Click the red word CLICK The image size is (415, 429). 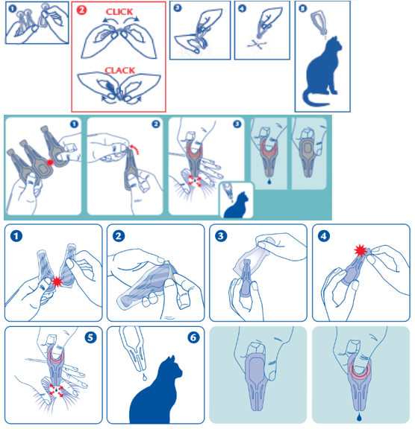point(119,12)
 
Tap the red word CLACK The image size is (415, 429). point(119,71)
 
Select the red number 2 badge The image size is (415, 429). point(81,10)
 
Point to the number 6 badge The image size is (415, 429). point(193,337)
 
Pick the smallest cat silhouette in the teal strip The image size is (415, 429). point(237,206)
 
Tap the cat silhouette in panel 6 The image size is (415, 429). point(155,394)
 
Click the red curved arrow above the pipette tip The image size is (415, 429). point(134,149)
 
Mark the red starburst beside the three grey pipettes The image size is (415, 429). point(50,162)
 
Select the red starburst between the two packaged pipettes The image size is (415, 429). point(57,282)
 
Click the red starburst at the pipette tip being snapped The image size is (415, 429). point(361,250)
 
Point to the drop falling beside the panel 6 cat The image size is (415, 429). point(145,378)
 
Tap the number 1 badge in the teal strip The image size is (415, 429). point(74,124)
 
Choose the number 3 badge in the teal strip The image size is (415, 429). point(237,124)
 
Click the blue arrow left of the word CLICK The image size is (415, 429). point(107,19)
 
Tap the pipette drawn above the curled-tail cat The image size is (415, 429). point(319,22)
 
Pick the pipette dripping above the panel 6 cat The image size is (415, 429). point(134,348)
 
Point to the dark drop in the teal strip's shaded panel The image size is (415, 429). point(269,181)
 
